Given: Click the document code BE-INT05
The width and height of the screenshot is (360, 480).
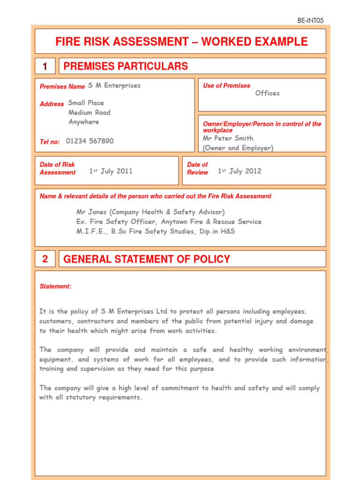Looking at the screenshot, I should tap(310, 20).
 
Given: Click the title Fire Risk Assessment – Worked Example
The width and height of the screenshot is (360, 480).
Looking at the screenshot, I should tap(181, 42).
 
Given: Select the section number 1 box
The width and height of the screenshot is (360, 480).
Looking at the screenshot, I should tap(45, 67).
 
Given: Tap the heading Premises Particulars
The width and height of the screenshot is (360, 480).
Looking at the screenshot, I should tap(126, 66).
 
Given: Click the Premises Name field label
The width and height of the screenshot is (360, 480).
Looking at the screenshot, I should tap(62, 87).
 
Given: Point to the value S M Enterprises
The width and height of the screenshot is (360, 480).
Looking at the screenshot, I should tap(114, 85).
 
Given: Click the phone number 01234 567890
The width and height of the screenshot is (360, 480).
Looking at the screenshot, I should tap(90, 141).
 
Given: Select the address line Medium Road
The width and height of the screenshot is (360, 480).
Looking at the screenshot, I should tap(90, 112).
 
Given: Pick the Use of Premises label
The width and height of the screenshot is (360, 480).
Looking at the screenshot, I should tap(226, 86).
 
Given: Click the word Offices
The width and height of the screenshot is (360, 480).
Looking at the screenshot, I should tap(267, 93).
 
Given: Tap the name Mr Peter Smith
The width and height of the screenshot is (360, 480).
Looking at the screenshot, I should tap(228, 138).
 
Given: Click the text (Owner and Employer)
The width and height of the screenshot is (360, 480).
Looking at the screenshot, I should tap(238, 148).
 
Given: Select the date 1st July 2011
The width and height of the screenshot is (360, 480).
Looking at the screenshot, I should tap(111, 171).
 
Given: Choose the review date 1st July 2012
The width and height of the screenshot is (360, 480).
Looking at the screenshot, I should tap(240, 171).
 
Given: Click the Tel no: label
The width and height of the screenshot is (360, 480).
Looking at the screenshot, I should tap(50, 142).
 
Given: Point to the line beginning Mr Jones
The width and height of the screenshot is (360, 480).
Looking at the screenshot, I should tap(150, 212).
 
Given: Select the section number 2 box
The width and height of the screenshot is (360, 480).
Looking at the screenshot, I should tap(45, 259).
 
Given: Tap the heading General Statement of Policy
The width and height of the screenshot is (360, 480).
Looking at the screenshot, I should tap(147, 259).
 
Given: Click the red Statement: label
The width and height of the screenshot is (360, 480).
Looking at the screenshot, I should tap(55, 286).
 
